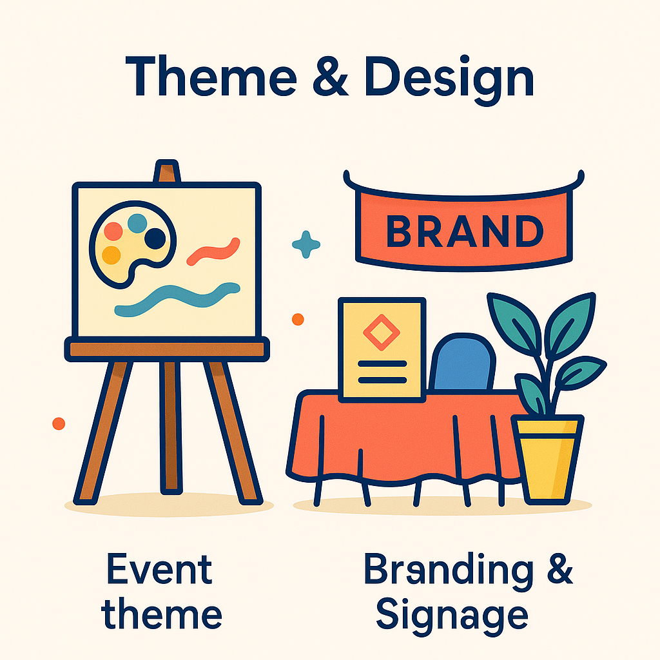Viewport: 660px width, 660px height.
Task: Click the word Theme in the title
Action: click(211, 76)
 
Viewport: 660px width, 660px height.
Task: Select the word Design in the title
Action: click(449, 81)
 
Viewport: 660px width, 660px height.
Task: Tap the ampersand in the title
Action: click(331, 77)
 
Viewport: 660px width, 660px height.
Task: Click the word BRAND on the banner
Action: click(465, 231)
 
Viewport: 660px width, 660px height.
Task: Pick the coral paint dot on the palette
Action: click(113, 231)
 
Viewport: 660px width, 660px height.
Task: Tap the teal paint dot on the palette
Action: click(137, 223)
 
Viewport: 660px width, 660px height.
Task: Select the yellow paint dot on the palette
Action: click(112, 255)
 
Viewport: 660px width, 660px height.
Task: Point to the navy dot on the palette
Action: click(155, 238)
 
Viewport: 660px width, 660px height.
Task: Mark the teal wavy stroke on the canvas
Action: click(177, 299)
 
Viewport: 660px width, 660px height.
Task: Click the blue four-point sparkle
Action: click(306, 244)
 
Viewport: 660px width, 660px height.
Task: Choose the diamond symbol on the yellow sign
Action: click(382, 333)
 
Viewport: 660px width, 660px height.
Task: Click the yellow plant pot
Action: click(547, 460)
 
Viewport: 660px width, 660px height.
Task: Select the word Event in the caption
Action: click(160, 569)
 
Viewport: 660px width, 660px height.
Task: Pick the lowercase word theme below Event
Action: click(161, 613)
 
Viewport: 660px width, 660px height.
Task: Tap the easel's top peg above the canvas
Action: click(167, 171)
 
